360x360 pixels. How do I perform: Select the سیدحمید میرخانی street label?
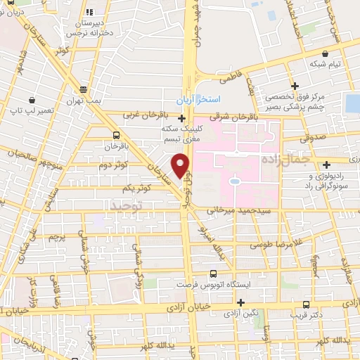[247, 210]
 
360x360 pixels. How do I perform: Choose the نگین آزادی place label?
[255, 310]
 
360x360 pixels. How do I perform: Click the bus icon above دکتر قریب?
[305, 304]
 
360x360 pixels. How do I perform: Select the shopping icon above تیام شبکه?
[325, 52]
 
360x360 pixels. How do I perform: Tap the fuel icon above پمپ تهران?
[84, 89]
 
